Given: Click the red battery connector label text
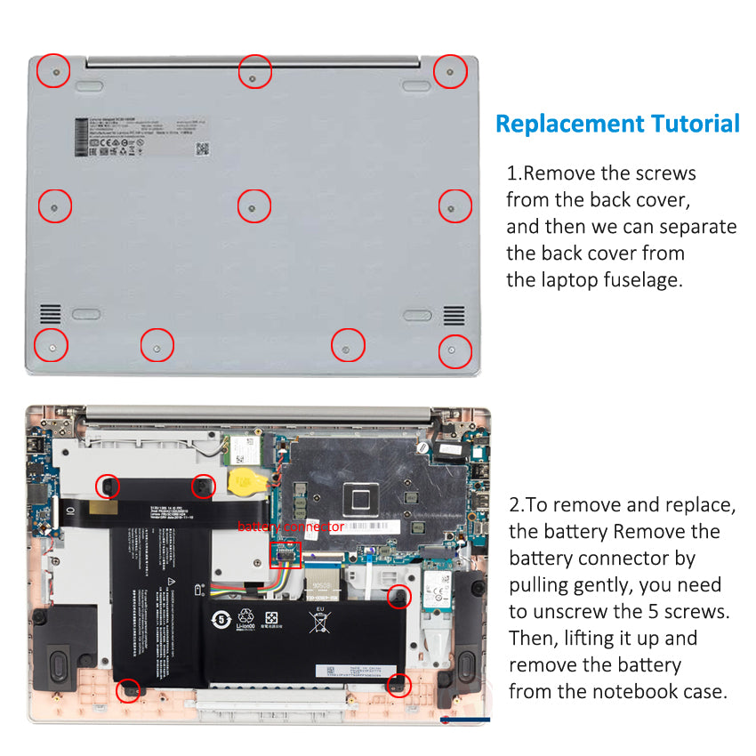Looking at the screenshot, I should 290,527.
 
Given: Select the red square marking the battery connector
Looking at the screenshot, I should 286,553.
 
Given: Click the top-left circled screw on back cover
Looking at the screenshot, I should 55,70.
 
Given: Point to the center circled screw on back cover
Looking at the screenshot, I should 253,207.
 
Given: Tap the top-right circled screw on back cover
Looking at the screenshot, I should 450,71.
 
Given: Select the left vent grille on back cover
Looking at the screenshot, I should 51,314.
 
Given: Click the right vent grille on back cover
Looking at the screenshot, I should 454,314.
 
